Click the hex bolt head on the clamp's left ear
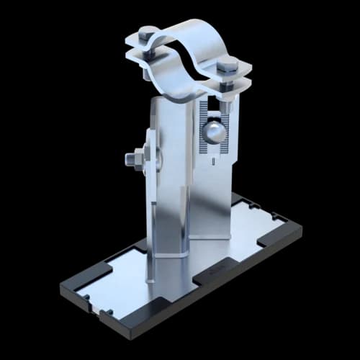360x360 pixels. tap(148, 34)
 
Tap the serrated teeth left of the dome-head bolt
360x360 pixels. tap(201, 133)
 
